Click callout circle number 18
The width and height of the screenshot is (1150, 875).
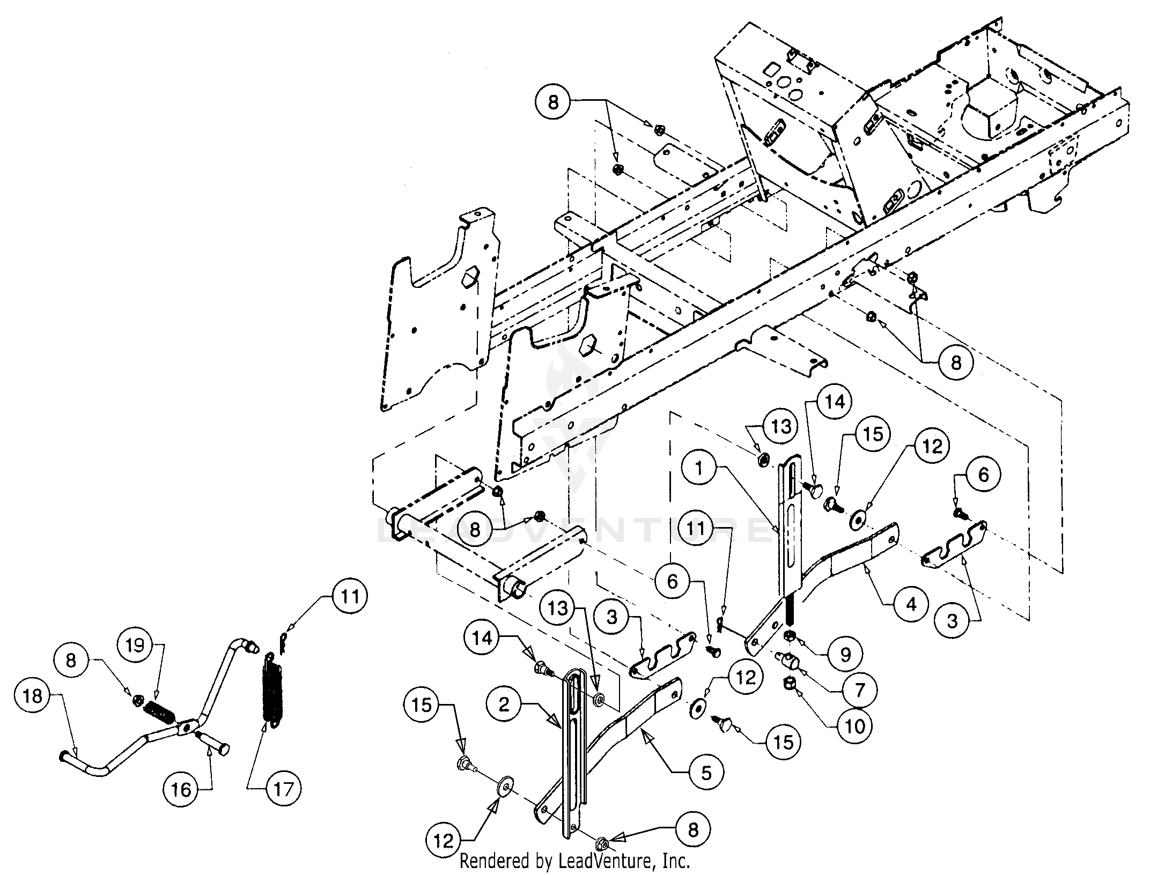(x=33, y=696)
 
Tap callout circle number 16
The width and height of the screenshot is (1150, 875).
(x=181, y=789)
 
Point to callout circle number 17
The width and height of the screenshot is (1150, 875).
(x=283, y=789)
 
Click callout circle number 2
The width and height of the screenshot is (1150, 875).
(x=504, y=705)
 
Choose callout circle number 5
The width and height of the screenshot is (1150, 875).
(x=706, y=773)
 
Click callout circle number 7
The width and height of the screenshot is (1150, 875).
(x=859, y=690)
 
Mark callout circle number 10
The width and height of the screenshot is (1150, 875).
(x=855, y=726)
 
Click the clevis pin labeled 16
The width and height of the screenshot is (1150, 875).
(x=213, y=741)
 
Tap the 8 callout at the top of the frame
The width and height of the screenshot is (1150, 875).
(x=553, y=102)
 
